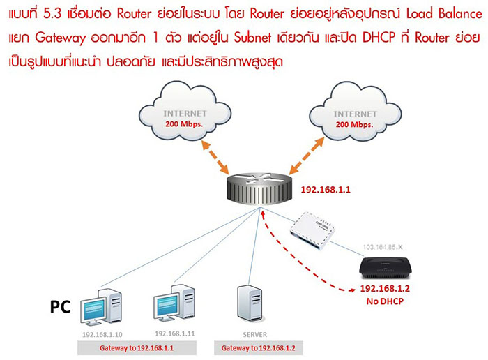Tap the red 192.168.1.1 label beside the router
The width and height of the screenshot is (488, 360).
[x=324, y=189]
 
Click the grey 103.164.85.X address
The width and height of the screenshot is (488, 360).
[x=385, y=246]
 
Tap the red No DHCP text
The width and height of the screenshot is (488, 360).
[x=385, y=301]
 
